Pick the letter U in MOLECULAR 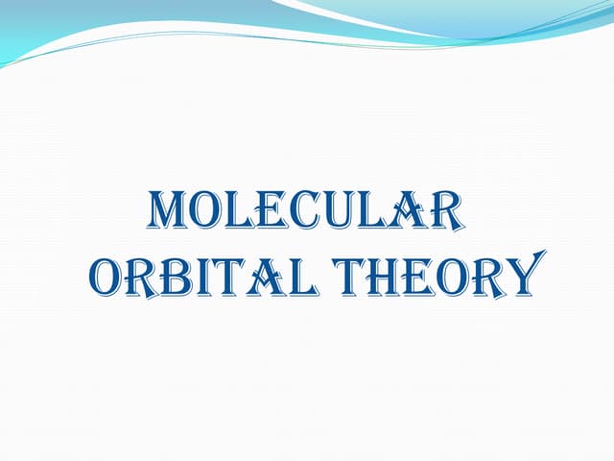(x=335, y=212)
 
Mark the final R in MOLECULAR (x=442, y=212)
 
